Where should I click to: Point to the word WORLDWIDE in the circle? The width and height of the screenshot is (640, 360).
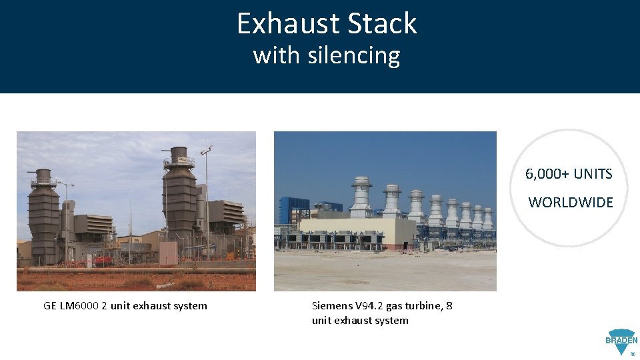pos(571,203)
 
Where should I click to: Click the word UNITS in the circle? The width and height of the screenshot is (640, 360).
pos(593,174)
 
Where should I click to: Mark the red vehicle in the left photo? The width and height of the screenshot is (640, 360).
pos(103,261)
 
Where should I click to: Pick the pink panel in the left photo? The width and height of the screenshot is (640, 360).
pos(168,253)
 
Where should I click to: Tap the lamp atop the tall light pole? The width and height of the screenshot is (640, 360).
pos(207,150)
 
